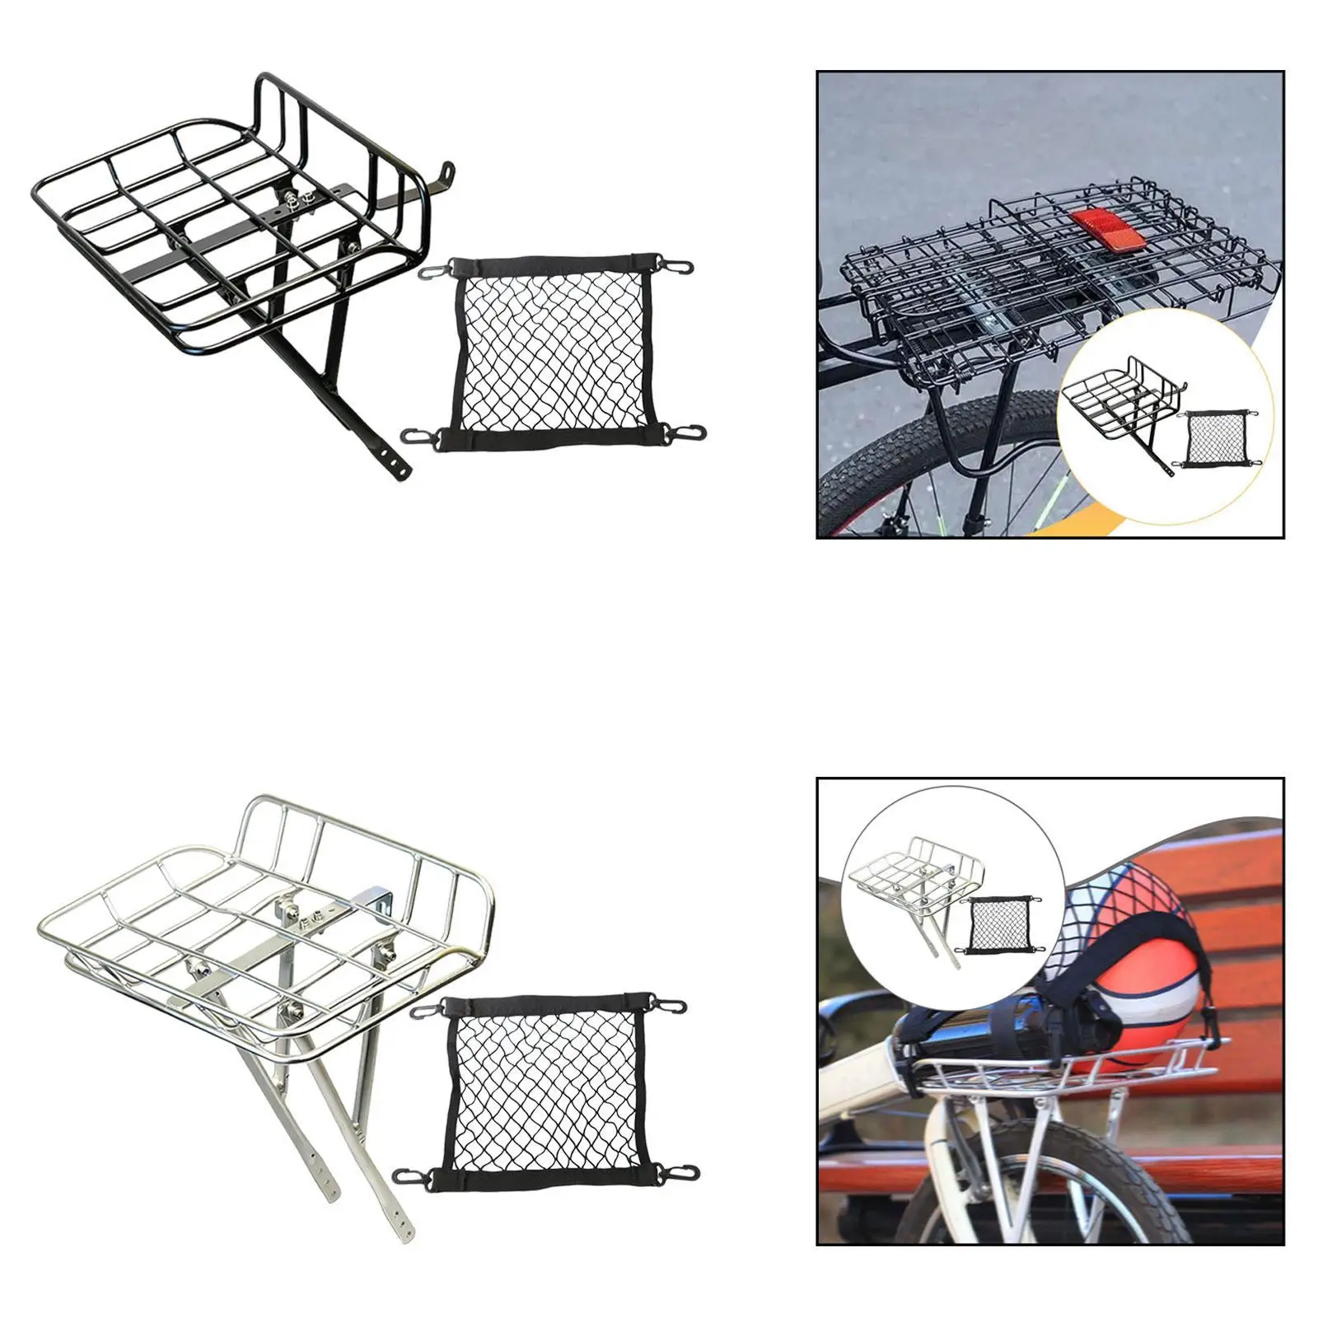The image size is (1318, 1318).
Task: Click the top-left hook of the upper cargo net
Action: click(430, 271)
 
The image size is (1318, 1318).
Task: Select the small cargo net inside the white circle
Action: click(998, 924)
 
